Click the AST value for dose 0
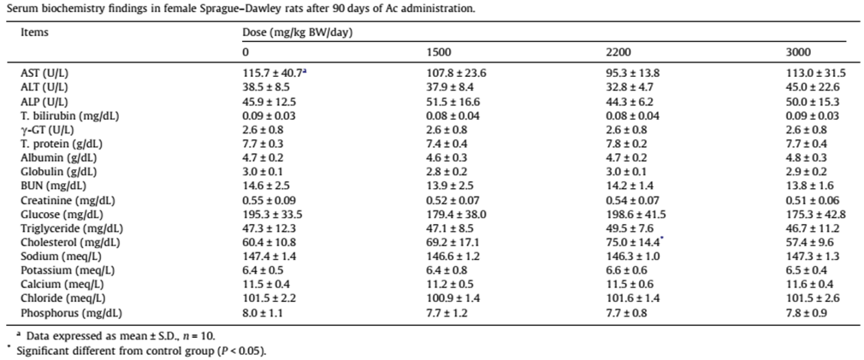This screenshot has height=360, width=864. tap(273, 73)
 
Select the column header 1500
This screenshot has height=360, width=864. tap(439, 52)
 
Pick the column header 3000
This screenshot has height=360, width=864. tap(799, 52)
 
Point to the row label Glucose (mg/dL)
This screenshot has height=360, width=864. tap(54, 214)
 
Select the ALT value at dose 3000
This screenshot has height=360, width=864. tap(813, 87)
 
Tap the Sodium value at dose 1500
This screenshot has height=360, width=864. tap(453, 256)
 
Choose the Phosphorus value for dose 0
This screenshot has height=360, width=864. tap(265, 313)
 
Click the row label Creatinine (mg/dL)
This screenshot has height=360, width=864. tap(60, 200)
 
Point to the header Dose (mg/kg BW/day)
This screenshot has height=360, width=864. tap(298, 32)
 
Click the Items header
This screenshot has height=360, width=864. tap(34, 32)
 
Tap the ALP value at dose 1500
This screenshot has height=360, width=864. tap(453, 101)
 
